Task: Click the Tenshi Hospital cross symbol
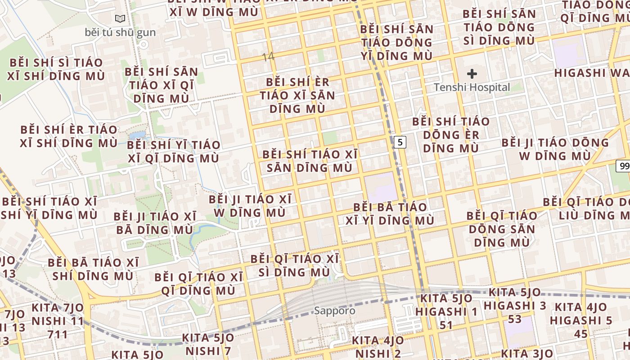tap(472, 73)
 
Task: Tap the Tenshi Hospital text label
tap(472, 87)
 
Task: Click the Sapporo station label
tap(334, 310)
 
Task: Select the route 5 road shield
tap(400, 142)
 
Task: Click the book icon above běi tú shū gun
tap(120, 19)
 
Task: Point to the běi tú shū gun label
tap(120, 32)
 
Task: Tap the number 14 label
tap(268, 57)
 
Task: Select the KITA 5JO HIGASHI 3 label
tap(515, 306)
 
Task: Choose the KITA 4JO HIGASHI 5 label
tap(581, 320)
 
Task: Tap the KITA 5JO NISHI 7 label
tap(208, 344)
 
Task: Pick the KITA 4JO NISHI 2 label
tap(378, 346)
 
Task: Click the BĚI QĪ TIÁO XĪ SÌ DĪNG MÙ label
tap(295, 265)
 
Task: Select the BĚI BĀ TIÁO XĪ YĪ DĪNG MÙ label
tap(390, 214)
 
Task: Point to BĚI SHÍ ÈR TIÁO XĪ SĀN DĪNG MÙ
tap(297, 95)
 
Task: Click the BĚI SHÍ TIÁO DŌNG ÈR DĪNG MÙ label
tap(451, 135)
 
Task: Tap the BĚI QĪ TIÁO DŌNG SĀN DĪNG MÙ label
tap(501, 229)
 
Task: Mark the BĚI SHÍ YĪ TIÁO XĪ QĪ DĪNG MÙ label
tap(174, 152)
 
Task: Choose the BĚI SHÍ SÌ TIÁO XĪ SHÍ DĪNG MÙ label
tap(56, 69)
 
